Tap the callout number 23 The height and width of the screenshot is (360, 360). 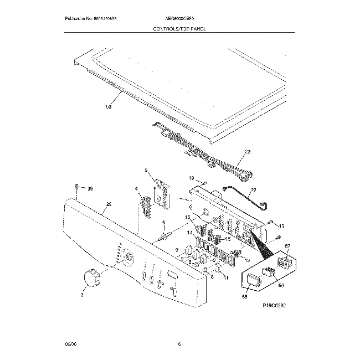248,151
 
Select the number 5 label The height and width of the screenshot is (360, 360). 147,171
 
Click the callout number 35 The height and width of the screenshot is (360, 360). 91,189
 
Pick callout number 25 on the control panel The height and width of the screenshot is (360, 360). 109,205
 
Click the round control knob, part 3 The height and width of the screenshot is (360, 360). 91,277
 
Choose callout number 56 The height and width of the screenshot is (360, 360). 280,286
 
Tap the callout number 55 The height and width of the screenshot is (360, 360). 244,297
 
